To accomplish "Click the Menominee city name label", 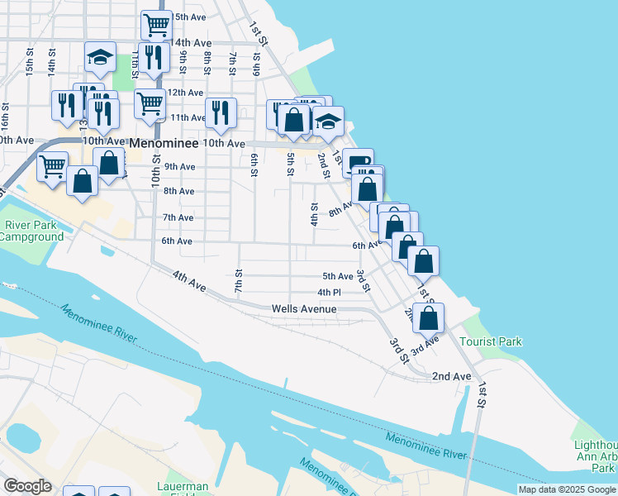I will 164,144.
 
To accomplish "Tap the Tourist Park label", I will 492,341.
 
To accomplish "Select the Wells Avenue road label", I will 304,309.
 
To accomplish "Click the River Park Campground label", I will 31,231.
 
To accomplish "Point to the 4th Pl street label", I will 329,293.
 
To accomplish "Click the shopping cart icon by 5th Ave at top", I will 155,24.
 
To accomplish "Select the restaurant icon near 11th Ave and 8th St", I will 220,112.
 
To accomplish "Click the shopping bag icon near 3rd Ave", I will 429,317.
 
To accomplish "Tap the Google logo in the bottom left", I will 28,486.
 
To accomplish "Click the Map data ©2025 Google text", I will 567,489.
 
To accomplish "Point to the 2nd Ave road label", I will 451,376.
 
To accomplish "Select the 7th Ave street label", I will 178,217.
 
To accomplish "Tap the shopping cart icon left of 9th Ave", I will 53,165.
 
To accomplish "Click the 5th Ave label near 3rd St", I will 337,276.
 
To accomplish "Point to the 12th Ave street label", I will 185,93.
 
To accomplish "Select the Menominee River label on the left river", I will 97,323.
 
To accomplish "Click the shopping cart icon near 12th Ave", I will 149,104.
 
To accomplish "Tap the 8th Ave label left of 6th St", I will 178,191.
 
